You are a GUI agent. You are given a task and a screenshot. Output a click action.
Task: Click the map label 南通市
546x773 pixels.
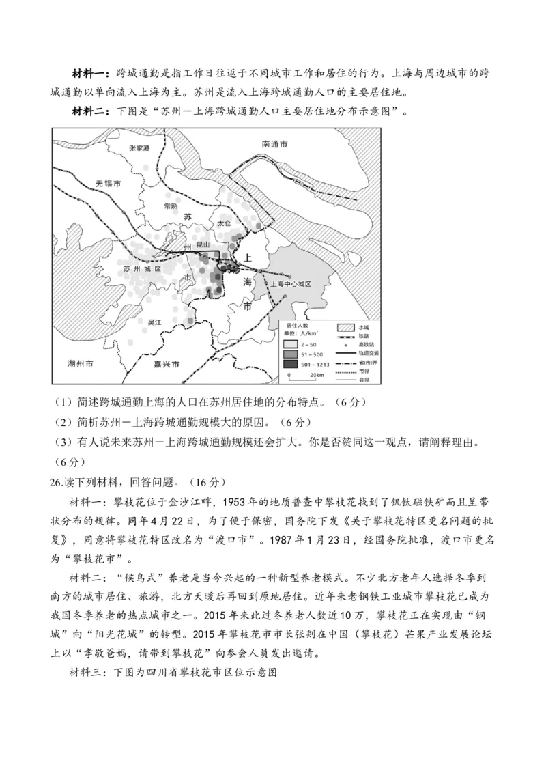pyautogui.click(x=275, y=145)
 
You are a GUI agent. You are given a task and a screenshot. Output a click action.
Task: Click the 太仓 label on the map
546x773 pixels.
pyautogui.click(x=225, y=223)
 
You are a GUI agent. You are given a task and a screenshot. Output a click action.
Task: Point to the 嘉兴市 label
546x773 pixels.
pyautogui.click(x=166, y=365)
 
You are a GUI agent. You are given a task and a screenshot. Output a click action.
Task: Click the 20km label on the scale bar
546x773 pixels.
pyautogui.click(x=315, y=376)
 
